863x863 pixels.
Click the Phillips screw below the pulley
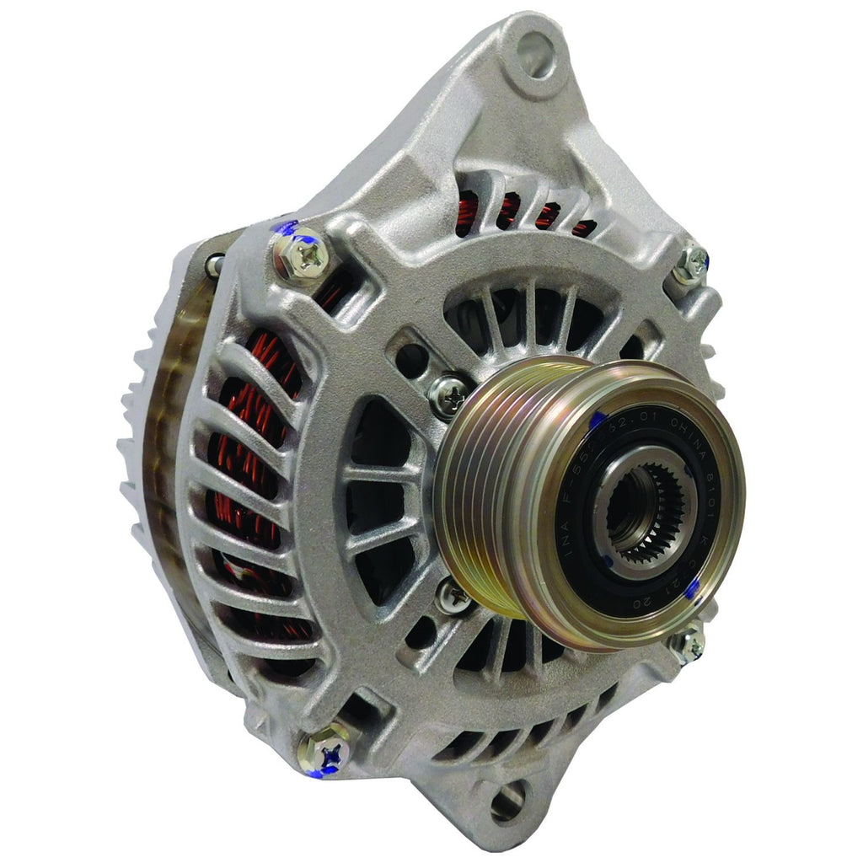point(453,596)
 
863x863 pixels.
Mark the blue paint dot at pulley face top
point(597,419)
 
